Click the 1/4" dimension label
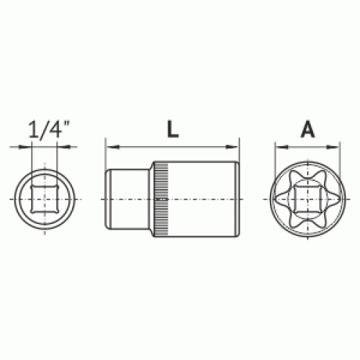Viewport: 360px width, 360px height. (49, 130)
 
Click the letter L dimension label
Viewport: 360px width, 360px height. (173, 129)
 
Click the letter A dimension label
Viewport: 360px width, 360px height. (307, 130)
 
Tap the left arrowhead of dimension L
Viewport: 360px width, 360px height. (113, 147)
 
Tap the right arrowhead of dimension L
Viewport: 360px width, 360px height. (232, 147)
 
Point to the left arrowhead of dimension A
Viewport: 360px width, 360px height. (282, 147)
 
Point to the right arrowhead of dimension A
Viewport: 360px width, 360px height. (333, 147)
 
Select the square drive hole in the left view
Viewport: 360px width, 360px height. (45, 199)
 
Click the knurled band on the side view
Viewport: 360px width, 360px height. (161, 199)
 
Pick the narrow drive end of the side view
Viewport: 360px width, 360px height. (127, 199)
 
